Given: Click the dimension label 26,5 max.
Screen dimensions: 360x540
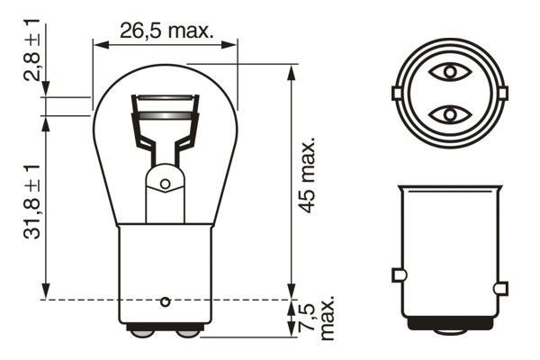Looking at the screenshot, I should pos(167,31).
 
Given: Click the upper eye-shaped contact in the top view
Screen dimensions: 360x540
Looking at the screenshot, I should pos(447,70).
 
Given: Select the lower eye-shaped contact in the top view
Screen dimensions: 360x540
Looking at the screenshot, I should pos(447,114).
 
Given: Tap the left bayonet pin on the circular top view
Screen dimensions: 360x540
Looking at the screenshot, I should pos(396,93).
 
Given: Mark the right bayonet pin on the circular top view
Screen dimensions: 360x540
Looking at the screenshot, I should pos(500,93).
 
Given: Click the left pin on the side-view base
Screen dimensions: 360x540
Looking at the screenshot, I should pos(398,274).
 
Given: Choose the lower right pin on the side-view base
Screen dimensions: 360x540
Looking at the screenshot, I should pos(501,288).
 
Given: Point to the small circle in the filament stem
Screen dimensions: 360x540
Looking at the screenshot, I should pos(165,184).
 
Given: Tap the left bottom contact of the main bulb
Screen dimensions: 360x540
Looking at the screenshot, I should pos(142,332).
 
